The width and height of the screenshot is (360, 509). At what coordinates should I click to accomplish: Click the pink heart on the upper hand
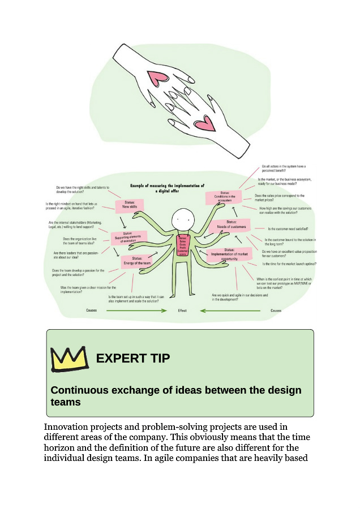(x=155, y=79)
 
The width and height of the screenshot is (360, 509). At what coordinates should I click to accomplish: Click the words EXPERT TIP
(x=133, y=359)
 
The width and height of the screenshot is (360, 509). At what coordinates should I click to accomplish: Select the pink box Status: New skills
(x=130, y=205)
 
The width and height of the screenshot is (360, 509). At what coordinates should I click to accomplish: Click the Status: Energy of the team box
(x=136, y=261)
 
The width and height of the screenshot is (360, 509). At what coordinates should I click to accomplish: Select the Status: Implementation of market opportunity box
(x=228, y=254)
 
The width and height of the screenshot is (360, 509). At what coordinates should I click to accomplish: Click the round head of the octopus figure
(x=183, y=216)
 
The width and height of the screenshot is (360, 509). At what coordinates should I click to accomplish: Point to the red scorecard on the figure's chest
(x=183, y=247)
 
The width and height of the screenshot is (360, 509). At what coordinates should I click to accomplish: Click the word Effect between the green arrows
(x=182, y=310)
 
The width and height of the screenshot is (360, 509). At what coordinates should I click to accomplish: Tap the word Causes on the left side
(x=92, y=310)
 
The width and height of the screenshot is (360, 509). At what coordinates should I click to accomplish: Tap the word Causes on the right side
(x=276, y=310)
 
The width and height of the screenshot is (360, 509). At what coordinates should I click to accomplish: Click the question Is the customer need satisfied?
(x=288, y=229)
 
